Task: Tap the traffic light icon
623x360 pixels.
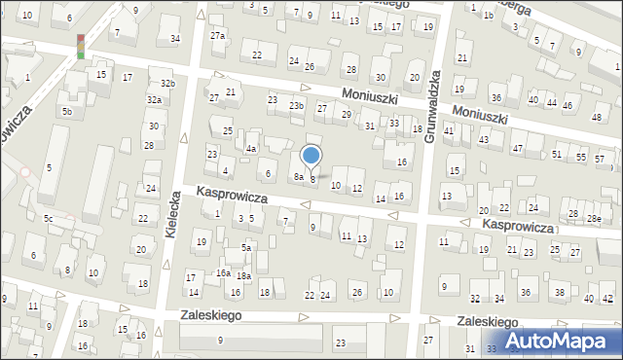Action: coord(81,46)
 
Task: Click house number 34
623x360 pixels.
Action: coord(174,39)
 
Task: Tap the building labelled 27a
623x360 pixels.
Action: coord(218,36)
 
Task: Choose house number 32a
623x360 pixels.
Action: coord(154,100)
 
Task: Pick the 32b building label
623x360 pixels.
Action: coord(168,84)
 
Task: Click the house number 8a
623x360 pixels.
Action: coord(299,176)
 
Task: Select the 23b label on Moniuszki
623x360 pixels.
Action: coord(296,105)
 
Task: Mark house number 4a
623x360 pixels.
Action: coord(250,149)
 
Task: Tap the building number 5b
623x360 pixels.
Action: coord(67,112)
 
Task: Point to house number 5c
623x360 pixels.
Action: coord(47,218)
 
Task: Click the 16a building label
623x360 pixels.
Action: coord(223,273)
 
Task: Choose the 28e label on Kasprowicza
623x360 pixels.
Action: coord(593,219)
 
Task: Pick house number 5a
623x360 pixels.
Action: coord(247,248)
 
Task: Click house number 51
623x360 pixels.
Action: coord(557,154)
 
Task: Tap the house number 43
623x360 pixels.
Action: coord(483,140)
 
